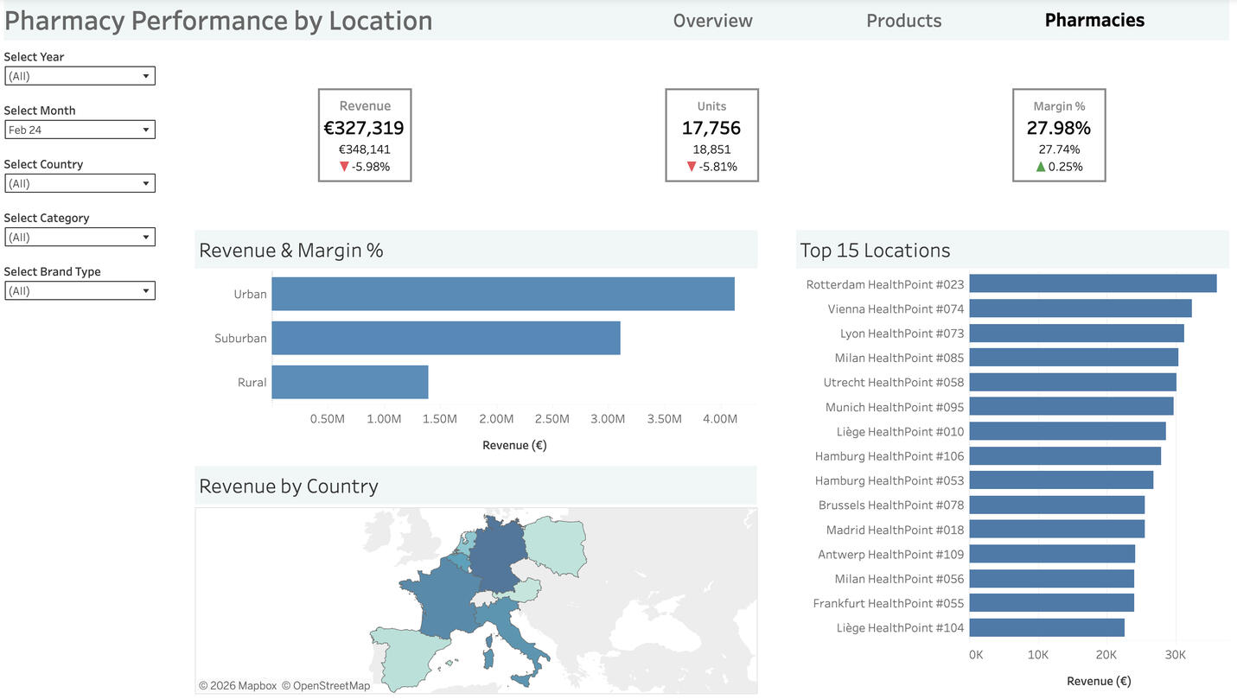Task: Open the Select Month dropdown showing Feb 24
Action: point(80,130)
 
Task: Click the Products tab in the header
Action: point(903,21)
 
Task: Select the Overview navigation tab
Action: point(712,21)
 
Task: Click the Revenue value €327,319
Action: point(364,128)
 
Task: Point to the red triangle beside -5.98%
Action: point(344,167)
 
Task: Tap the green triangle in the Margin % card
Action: point(1041,167)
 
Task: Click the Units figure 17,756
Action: point(711,128)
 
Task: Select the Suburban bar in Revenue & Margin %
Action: point(445,338)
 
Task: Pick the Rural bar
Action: point(349,382)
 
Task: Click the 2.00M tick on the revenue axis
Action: point(496,419)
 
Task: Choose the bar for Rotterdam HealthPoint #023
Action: point(1092,283)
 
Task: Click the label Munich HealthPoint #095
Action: point(894,407)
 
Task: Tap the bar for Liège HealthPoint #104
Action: point(1046,627)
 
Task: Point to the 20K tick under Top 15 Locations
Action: point(1106,655)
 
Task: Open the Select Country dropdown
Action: point(80,183)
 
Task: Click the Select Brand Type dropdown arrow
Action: point(146,291)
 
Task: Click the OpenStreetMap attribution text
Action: point(331,686)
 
